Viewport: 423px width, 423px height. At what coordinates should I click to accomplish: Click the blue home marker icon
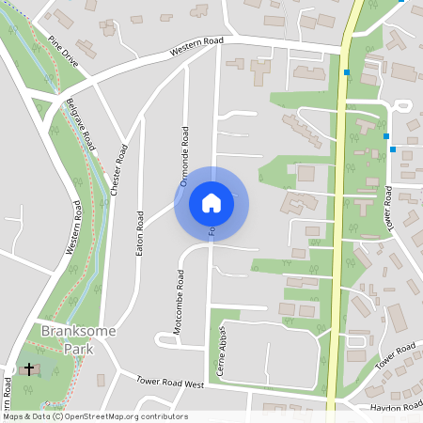211,202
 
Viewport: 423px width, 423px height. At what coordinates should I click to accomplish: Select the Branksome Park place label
68,338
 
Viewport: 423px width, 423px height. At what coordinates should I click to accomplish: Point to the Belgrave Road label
81,126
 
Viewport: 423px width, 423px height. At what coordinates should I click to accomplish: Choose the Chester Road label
117,170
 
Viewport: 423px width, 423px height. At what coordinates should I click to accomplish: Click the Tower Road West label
170,384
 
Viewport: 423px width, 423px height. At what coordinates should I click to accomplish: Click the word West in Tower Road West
194,384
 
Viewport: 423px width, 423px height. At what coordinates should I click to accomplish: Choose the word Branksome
68,331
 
